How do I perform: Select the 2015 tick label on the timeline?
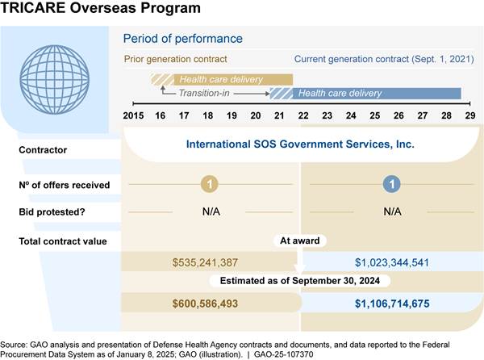click(134, 116)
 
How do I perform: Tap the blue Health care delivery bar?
click(339, 94)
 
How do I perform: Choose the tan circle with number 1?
click(209, 185)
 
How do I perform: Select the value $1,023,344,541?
click(392, 262)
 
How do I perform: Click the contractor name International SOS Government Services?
click(300, 145)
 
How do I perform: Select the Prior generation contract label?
click(175, 59)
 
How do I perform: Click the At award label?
click(300, 240)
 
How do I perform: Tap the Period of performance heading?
click(181, 39)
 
